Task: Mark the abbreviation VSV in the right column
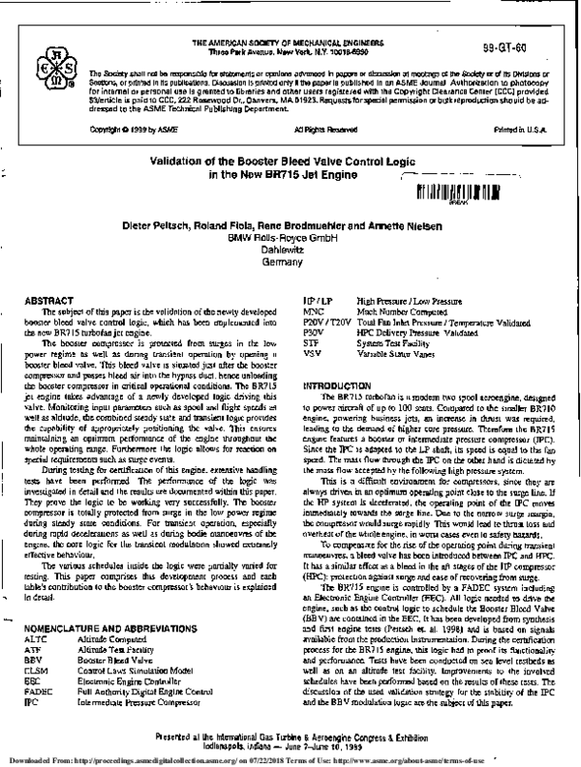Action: click(x=313, y=366)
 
